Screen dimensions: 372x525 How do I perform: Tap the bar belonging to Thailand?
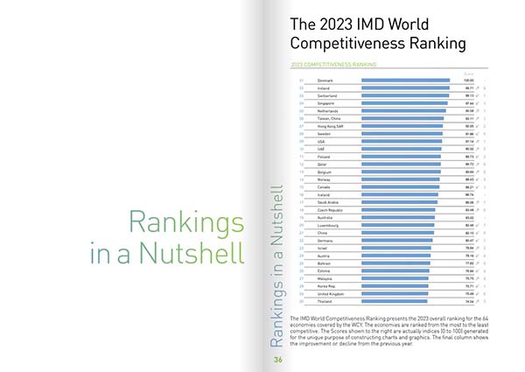click(395, 300)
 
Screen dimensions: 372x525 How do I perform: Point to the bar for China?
click(397, 232)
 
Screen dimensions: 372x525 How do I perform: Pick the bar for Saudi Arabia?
click(400, 201)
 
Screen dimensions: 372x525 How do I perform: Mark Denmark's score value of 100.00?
click(469, 81)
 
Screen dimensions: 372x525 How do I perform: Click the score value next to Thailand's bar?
click(470, 300)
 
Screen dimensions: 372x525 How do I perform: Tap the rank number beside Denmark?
click(301, 81)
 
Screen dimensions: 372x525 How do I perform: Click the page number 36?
click(277, 359)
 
